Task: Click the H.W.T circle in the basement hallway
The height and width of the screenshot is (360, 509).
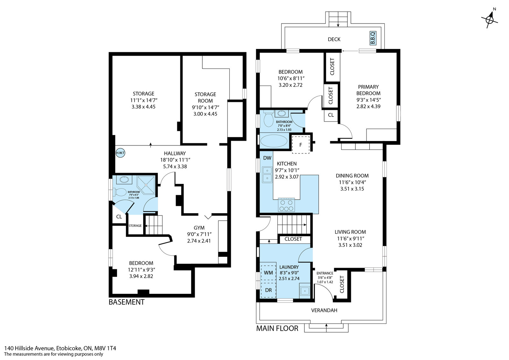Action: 120,153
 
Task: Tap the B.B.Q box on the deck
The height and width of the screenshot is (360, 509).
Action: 373,38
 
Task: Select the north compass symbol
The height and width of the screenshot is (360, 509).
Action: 490,19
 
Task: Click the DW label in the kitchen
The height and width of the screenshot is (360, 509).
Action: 267,158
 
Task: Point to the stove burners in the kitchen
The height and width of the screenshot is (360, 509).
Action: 286,205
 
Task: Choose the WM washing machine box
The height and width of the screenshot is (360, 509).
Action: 268,272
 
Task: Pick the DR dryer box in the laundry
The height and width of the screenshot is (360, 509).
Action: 268,290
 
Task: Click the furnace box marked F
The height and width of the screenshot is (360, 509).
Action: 301,145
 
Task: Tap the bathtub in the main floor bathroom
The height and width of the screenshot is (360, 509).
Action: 274,141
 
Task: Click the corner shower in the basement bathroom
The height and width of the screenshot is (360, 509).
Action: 146,185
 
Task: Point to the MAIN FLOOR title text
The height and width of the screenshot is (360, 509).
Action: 277,328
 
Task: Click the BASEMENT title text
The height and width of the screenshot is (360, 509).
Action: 127,302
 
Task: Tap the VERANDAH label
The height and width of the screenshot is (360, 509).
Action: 324,310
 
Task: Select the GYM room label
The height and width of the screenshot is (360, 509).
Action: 199,228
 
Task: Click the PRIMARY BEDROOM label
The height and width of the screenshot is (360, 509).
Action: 368,90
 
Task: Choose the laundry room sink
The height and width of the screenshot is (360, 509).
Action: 304,291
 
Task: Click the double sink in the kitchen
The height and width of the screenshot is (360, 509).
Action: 267,175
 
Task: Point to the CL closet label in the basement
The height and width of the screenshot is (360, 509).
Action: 119,217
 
